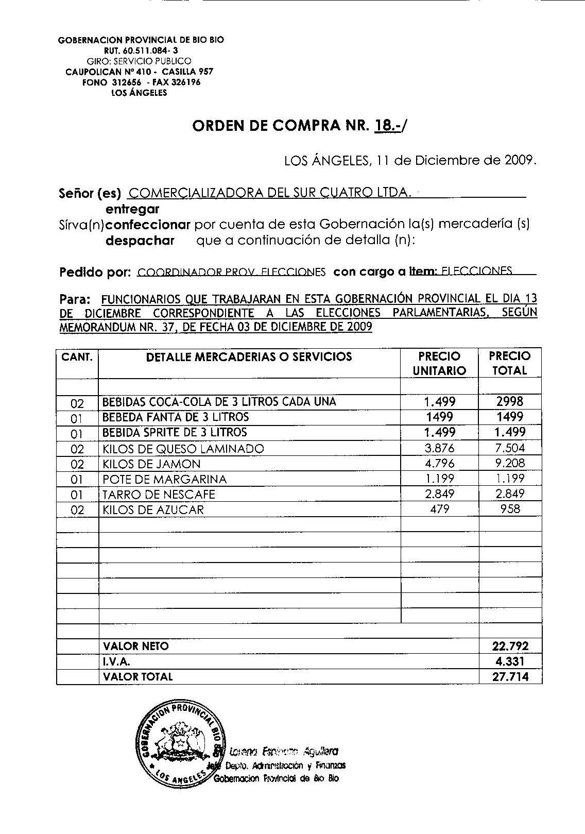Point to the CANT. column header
(x=77, y=356)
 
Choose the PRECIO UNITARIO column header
(x=439, y=363)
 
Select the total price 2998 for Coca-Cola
(x=509, y=401)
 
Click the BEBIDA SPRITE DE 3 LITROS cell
(x=175, y=432)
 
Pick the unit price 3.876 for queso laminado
(x=439, y=448)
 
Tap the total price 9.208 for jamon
(x=509, y=463)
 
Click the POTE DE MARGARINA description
(x=165, y=479)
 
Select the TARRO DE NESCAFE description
(x=159, y=495)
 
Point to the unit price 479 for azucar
(x=439, y=509)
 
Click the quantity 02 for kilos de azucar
(x=77, y=510)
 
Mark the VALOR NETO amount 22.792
(x=510, y=646)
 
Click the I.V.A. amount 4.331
(x=510, y=661)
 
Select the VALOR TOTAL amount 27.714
(x=510, y=677)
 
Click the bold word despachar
(x=140, y=241)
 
